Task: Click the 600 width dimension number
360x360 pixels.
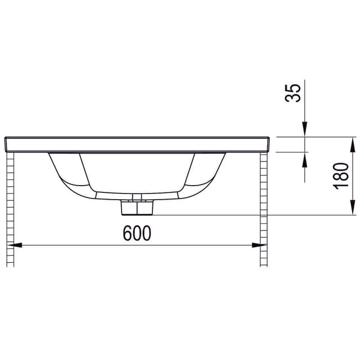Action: [x=137, y=233]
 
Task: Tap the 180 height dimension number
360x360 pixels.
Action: [x=341, y=176]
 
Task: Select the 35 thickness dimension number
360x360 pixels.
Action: [x=292, y=93]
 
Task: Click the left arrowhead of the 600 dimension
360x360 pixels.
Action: [x=15, y=245]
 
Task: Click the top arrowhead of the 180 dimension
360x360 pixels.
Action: [x=352, y=145]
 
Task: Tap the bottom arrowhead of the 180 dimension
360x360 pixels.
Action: [x=352, y=208]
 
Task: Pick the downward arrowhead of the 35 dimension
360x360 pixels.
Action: [x=305, y=129]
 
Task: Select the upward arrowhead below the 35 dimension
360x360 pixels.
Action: [x=305, y=159]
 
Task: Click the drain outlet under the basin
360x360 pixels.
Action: [x=137, y=208]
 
